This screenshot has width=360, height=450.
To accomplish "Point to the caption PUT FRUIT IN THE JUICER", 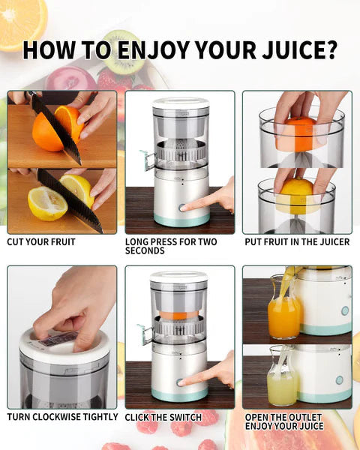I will click(297, 242).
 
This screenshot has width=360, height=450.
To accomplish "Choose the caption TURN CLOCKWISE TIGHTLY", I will click(62, 416).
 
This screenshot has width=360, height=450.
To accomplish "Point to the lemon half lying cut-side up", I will click(46, 203).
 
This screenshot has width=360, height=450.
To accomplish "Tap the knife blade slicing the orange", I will click(56, 127).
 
